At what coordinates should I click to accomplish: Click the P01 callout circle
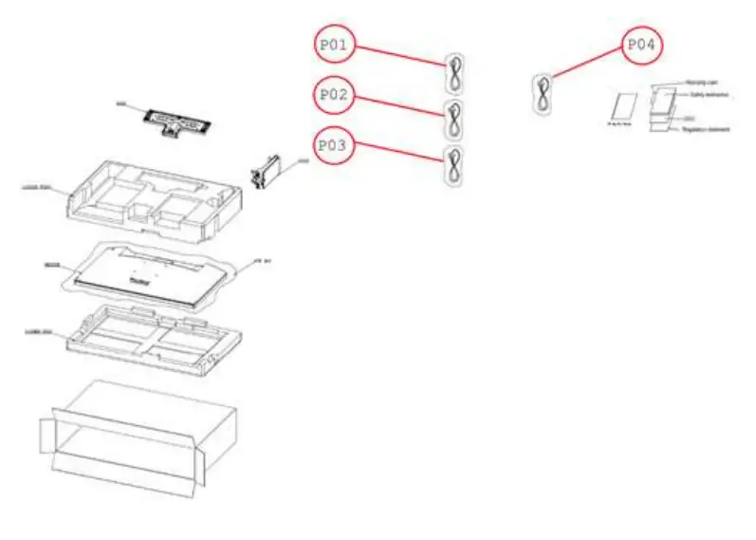(336, 45)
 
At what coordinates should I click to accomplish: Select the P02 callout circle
(336, 96)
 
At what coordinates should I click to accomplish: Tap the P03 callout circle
(336, 147)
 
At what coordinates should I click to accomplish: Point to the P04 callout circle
(642, 45)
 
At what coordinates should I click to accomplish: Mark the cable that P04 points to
(544, 93)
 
